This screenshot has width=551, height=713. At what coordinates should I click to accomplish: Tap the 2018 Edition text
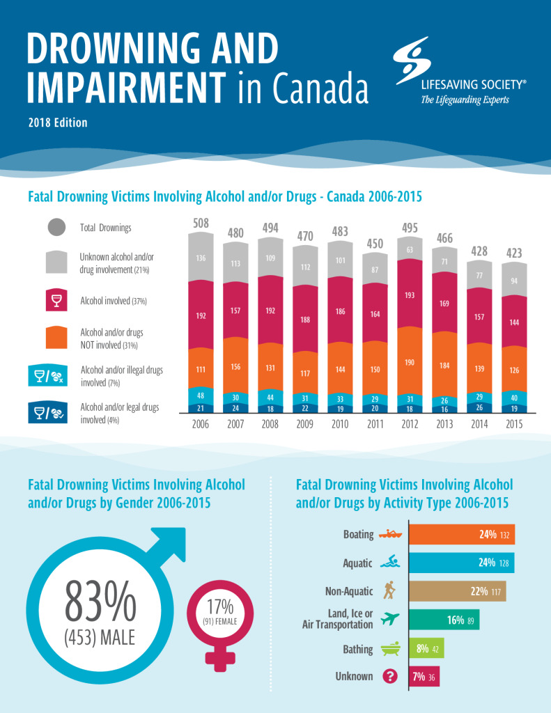[59, 123]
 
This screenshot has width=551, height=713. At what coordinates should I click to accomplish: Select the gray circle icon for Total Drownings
[58, 228]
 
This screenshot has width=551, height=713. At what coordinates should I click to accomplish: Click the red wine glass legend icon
[58, 301]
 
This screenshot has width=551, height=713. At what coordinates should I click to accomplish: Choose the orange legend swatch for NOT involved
[58, 338]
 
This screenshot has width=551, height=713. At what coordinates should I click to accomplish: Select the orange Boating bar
[461, 535]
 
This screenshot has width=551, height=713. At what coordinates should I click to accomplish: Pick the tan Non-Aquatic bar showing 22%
[457, 591]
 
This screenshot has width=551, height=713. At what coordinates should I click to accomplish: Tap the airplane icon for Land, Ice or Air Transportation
[390, 618]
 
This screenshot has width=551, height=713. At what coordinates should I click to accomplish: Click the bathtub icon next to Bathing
[387, 649]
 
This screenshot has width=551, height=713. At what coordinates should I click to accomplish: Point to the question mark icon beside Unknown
[387, 676]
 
